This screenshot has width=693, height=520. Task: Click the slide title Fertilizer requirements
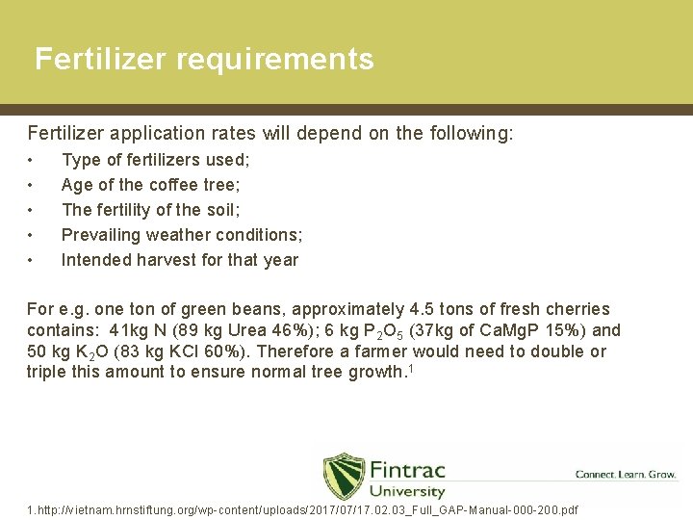204,60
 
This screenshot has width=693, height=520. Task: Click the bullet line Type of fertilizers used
155,160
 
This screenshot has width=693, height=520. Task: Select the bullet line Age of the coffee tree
150,185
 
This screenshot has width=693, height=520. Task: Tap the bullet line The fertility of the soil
150,210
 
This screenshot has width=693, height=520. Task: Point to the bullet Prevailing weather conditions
182,235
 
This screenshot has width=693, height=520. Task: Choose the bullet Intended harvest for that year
179,260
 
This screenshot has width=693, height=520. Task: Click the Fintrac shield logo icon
343,475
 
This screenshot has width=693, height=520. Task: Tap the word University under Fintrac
407,492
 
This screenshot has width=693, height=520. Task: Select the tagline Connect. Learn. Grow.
625,475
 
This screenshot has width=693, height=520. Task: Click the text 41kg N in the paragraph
140,330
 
